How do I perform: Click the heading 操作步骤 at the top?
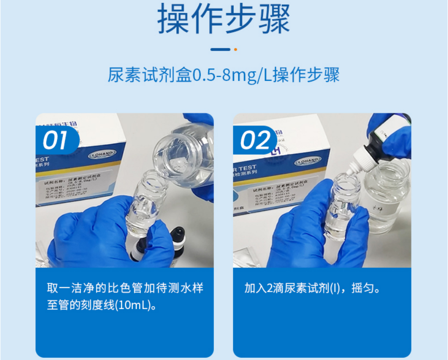click(x=223, y=20)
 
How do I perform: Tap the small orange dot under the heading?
click(x=235, y=49)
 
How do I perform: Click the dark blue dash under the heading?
click(x=220, y=49)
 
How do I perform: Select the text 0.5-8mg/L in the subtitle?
click(x=231, y=75)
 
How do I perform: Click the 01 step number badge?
click(x=56, y=140)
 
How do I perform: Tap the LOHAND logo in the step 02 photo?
click(x=307, y=161)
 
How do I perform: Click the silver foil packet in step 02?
click(x=256, y=255)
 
